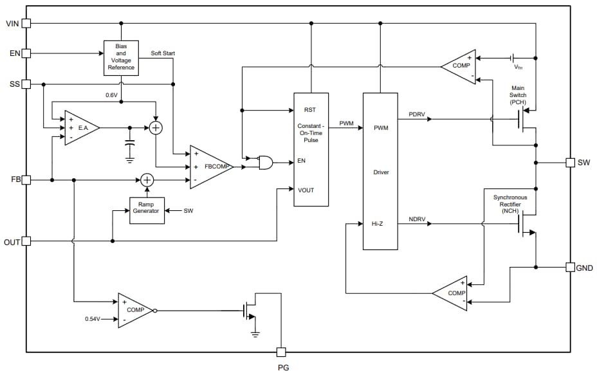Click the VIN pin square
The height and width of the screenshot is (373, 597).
(26, 23)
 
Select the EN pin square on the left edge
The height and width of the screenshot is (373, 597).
(26, 53)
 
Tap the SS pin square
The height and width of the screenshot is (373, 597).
(26, 84)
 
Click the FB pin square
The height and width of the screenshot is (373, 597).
(26, 180)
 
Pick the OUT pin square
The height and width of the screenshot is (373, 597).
(26, 241)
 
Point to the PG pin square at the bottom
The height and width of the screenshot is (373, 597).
(281, 352)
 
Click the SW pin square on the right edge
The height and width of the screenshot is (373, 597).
(570, 162)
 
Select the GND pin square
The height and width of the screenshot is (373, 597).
(570, 267)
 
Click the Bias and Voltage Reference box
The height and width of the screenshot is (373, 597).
(121, 57)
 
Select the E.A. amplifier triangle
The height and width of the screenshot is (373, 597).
(80, 128)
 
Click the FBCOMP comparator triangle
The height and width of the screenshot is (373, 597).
(211, 167)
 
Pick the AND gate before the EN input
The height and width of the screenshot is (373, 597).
(264, 162)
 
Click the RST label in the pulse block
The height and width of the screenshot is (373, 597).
(310, 110)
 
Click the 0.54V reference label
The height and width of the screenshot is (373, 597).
(93, 318)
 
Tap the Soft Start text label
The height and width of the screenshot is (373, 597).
(163, 53)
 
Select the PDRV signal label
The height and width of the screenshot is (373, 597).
(417, 114)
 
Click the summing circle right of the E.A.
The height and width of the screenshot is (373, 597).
(155, 128)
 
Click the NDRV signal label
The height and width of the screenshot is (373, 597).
(417, 220)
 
